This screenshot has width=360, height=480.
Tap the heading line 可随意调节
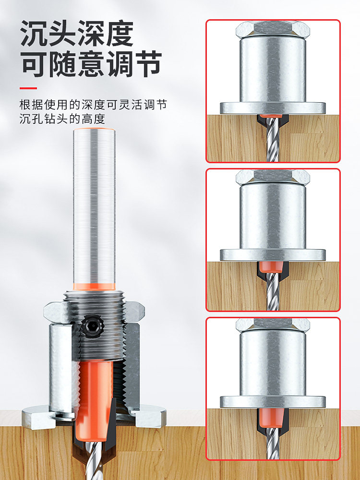click(91, 64)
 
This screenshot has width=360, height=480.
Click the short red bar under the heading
click(28, 88)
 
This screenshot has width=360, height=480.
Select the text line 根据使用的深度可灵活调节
click(93, 105)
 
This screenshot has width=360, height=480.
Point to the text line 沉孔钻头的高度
click(62, 119)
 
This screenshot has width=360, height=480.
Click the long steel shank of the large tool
click(94, 206)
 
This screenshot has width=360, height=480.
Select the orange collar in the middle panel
click(273, 267)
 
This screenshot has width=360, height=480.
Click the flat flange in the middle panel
click(273, 255)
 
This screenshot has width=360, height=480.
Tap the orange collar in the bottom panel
click(273, 416)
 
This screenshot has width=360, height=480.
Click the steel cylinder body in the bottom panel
click(273, 365)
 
